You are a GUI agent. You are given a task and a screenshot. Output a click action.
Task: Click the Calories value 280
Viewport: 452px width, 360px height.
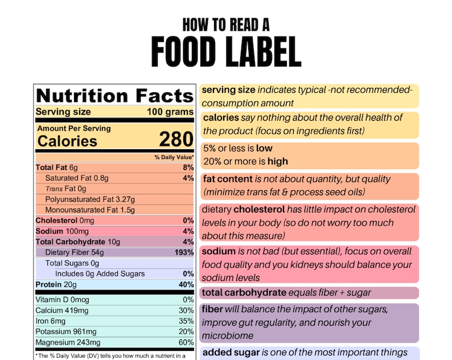[x=176, y=140]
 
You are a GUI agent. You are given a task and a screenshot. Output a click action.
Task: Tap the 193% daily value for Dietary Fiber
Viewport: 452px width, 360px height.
[x=184, y=252]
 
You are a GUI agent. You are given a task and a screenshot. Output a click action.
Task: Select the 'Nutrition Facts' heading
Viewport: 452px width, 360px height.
[x=114, y=95]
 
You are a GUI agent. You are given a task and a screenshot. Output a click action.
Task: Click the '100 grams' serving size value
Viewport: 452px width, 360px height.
[x=170, y=112]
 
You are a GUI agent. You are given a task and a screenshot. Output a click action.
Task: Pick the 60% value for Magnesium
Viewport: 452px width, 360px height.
[x=186, y=342]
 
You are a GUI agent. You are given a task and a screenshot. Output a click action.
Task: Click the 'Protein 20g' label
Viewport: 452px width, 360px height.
[x=55, y=285]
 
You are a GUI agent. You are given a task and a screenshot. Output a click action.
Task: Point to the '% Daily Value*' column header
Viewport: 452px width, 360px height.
[x=174, y=157]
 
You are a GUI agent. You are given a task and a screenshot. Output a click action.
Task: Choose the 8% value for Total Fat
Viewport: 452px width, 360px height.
[x=188, y=167]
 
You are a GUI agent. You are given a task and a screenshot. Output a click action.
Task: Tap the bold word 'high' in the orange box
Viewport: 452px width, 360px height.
[x=278, y=161]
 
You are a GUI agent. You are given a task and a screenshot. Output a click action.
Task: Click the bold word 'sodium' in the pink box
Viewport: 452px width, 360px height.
[x=219, y=251]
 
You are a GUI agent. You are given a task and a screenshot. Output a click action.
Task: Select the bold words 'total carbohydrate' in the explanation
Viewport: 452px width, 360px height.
[x=244, y=293]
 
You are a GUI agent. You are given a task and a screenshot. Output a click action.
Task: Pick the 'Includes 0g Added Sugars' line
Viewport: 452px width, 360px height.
[x=100, y=274]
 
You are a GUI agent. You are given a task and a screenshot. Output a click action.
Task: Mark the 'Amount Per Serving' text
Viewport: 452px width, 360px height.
[x=74, y=129]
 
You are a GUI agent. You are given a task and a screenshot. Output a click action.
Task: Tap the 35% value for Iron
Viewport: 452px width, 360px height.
[x=186, y=321]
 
